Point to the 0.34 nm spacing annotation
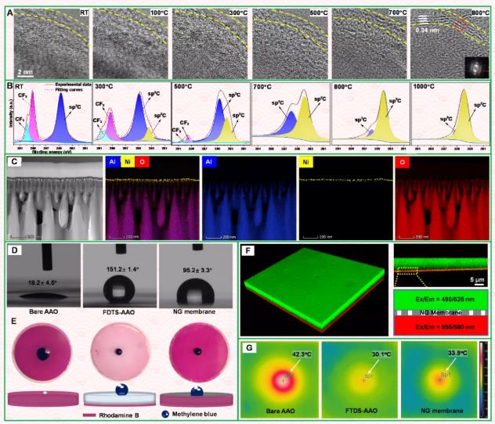click(x=428, y=33)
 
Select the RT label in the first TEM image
click(x=83, y=13)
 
